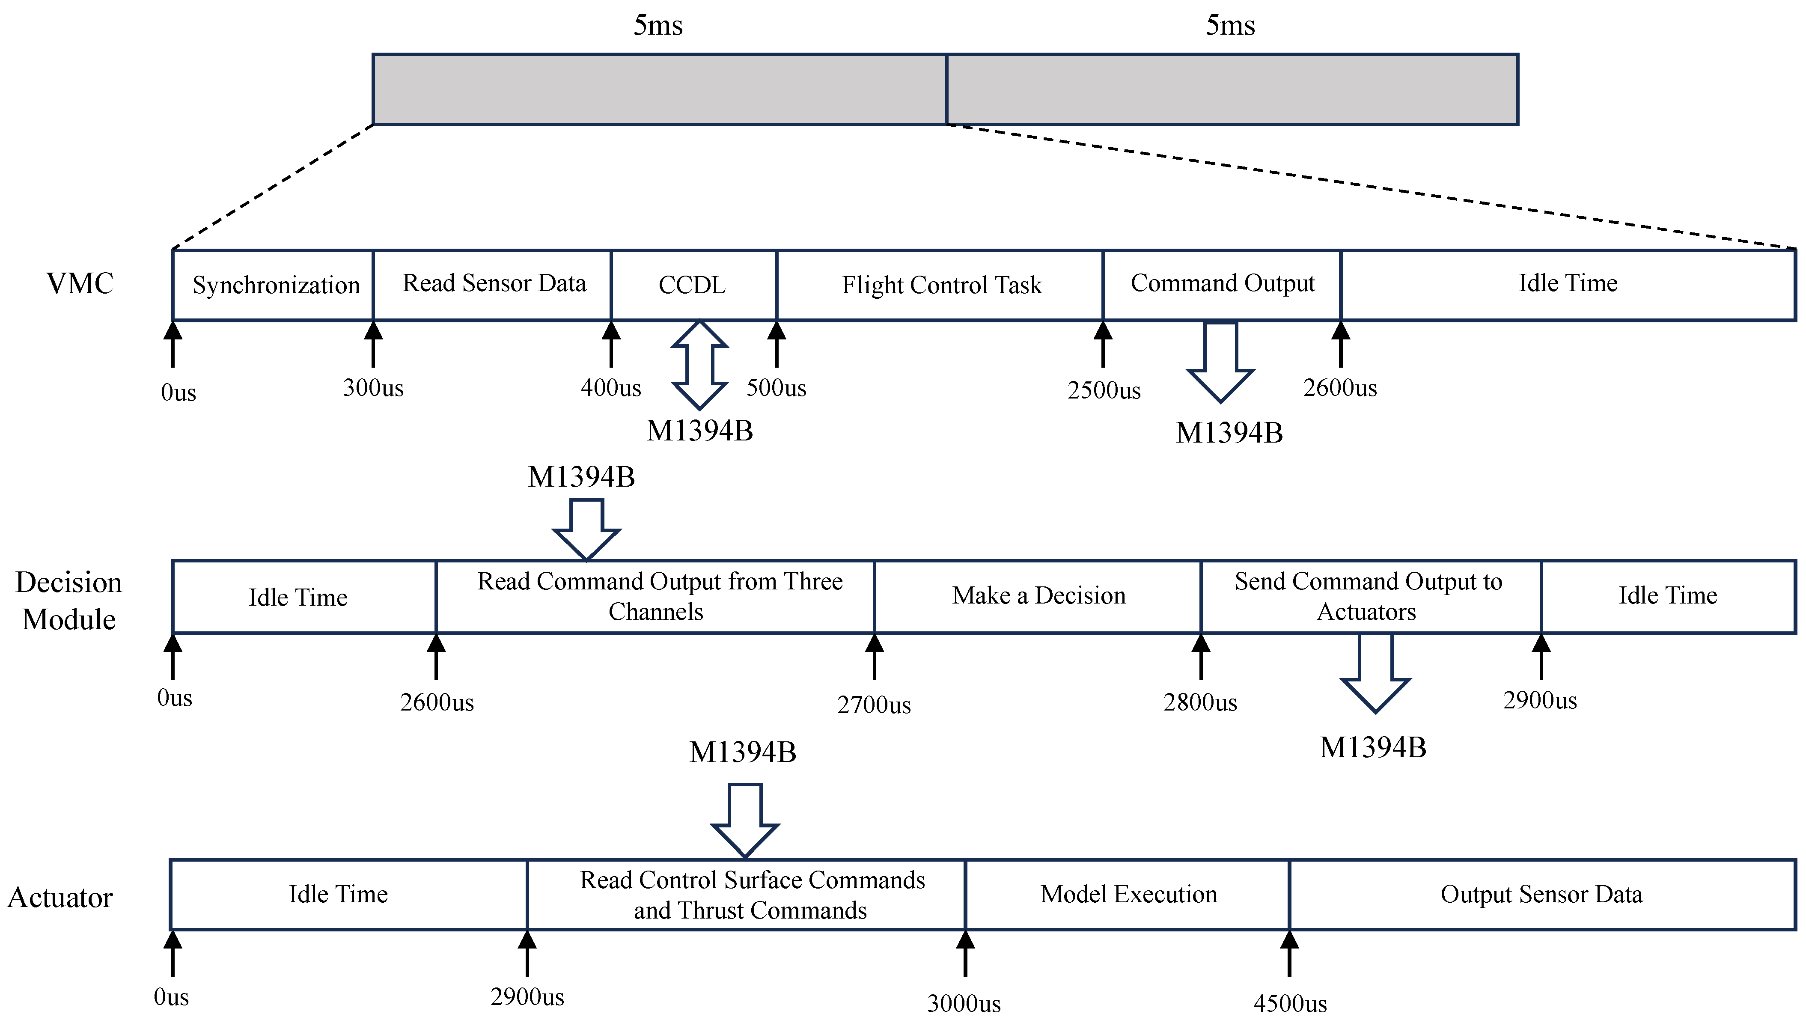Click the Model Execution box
point(1128,895)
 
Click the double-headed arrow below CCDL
point(699,365)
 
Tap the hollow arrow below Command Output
point(1220,361)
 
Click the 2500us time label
point(1104,390)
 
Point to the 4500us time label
point(1289,1004)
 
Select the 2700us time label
point(874,705)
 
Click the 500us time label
point(776,388)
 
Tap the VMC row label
point(79,284)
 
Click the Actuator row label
point(60,897)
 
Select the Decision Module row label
point(69,601)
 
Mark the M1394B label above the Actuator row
point(742,752)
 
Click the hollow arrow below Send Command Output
point(1375,673)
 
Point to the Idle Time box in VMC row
point(1568,283)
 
